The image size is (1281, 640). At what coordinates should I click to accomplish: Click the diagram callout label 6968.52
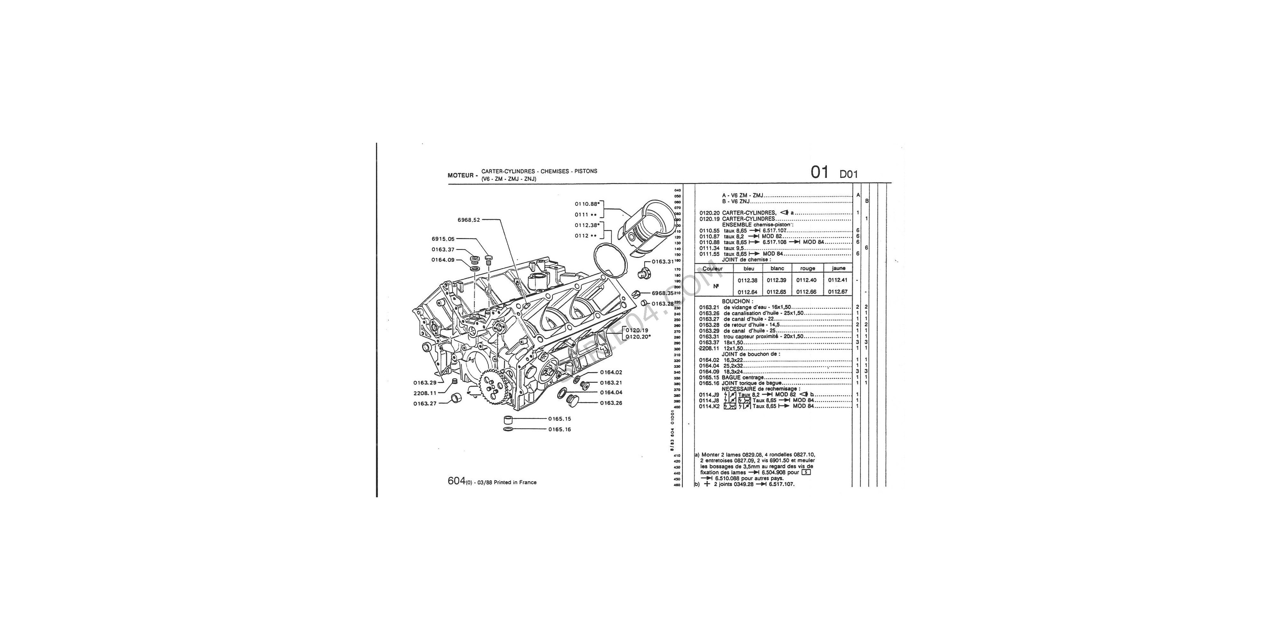pos(469,220)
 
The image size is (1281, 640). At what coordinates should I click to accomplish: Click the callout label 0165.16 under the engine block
pos(559,430)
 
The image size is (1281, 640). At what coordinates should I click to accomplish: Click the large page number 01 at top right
pos(820,172)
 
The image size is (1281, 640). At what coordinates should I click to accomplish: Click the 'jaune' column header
pos(838,268)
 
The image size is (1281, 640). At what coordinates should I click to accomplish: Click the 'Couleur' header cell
pos(713,268)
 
